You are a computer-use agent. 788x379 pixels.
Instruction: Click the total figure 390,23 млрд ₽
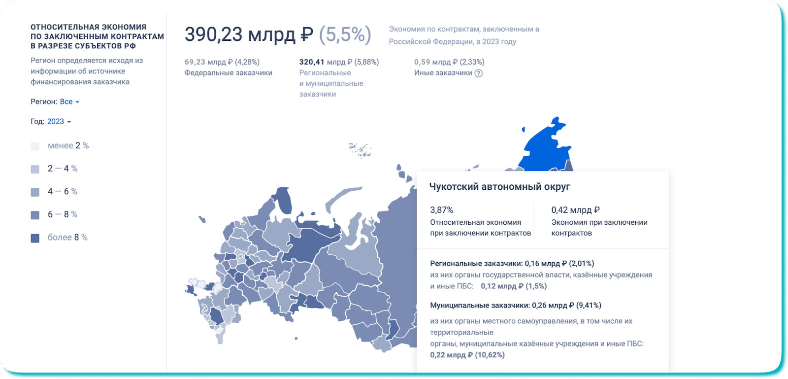coord(249,34)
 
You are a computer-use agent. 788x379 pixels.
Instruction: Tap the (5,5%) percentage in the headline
coord(345,34)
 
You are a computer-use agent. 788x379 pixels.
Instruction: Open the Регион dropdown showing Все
coord(69,102)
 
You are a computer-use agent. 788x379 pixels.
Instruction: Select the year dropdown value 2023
coord(59,121)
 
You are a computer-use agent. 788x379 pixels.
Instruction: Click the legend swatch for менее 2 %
coord(35,146)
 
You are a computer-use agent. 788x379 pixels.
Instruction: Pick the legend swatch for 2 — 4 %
coord(35,169)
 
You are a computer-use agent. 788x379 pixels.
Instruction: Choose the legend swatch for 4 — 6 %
coord(35,192)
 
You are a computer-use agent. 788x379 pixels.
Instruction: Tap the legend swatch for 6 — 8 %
coord(35,215)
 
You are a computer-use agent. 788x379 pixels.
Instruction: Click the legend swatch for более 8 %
coord(35,238)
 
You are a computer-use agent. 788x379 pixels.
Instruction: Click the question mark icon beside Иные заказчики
coord(478,73)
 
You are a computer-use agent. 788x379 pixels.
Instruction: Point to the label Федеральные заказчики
coord(229,73)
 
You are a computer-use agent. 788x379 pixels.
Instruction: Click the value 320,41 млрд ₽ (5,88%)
coord(339,62)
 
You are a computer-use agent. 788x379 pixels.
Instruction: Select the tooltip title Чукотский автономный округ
coord(499,186)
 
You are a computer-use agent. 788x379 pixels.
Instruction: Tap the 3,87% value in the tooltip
coord(441,210)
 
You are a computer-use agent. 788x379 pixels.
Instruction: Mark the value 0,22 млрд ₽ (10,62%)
coord(467,355)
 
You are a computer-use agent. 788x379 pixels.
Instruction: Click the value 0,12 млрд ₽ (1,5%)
coord(514,286)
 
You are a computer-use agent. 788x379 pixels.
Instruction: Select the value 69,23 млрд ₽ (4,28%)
coord(222,62)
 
